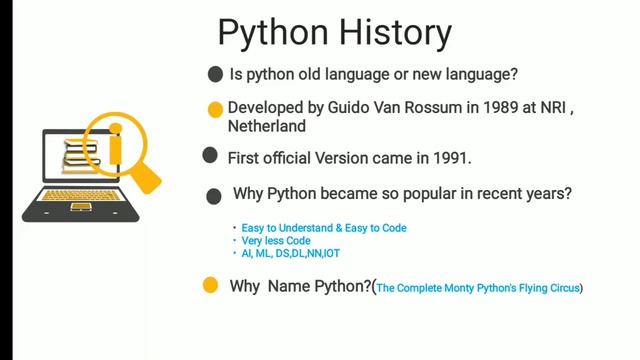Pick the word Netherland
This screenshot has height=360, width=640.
tap(266, 127)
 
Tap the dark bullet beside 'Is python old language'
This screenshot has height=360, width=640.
tap(215, 75)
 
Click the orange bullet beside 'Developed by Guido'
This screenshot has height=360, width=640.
tap(215, 110)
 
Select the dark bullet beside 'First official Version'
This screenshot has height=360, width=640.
tap(210, 155)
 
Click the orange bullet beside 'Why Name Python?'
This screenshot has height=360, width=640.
tap(210, 286)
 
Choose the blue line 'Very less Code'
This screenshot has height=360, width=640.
tap(276, 241)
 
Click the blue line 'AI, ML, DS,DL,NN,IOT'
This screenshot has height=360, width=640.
tap(291, 254)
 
